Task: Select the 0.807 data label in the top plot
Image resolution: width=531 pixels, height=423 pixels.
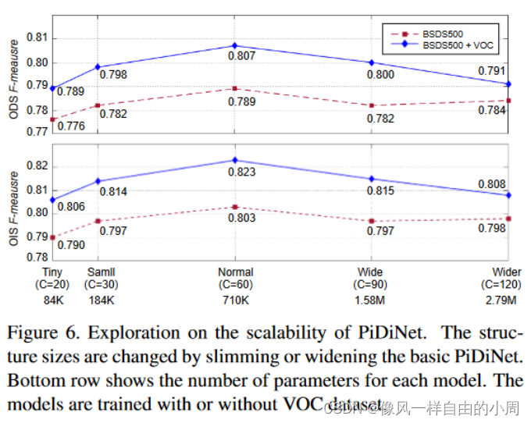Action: (x=241, y=57)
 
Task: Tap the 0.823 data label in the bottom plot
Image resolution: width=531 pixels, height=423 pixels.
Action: (x=242, y=171)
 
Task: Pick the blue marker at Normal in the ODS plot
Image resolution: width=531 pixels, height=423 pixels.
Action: (x=233, y=46)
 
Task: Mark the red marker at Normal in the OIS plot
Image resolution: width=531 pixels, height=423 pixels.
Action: (x=233, y=207)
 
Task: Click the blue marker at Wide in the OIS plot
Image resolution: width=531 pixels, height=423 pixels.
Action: (x=371, y=179)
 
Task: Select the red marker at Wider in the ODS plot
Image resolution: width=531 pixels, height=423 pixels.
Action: (x=508, y=100)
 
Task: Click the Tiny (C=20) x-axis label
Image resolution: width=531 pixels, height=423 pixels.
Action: (x=52, y=279)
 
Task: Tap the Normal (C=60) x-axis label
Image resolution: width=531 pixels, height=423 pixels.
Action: (x=233, y=279)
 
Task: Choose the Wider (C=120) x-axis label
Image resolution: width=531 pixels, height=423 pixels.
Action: (x=502, y=279)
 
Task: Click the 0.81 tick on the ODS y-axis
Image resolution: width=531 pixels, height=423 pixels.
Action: (x=37, y=37)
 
